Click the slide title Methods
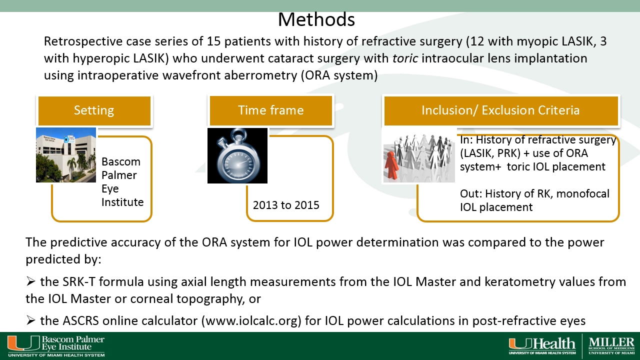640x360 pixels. click(x=316, y=19)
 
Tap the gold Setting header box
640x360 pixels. click(x=94, y=111)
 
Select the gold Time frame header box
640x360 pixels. click(x=271, y=111)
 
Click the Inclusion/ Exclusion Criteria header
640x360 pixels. click(x=501, y=111)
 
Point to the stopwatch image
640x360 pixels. click(x=237, y=155)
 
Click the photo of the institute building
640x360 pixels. click(x=66, y=155)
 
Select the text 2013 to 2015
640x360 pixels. click(x=286, y=205)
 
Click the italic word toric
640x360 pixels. click(x=405, y=58)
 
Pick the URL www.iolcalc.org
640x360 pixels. click(x=251, y=321)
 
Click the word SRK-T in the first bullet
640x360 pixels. click(x=78, y=281)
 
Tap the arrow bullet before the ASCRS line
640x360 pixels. click(x=30, y=320)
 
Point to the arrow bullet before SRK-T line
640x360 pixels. click(x=30, y=281)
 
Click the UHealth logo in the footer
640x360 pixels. click(x=542, y=346)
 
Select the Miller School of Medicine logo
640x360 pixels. click(x=611, y=346)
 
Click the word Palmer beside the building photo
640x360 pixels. click(x=119, y=175)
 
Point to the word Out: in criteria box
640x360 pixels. click(x=471, y=193)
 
